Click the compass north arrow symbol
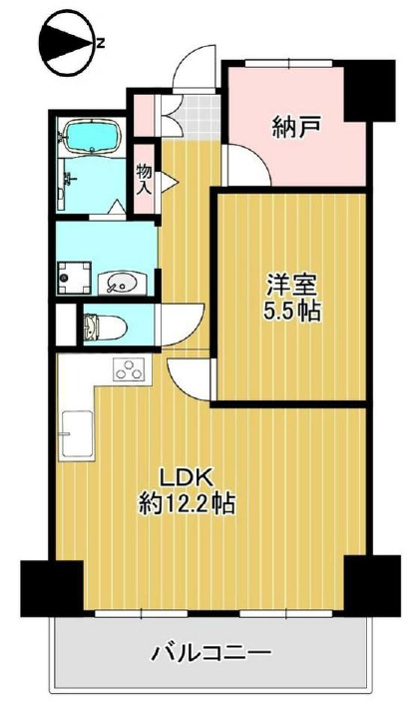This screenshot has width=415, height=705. (x=71, y=44)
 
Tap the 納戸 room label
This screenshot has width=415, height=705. (x=296, y=127)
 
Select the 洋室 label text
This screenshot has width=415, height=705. (x=291, y=286)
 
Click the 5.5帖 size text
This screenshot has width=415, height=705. (x=292, y=311)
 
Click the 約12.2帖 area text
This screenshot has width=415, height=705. (x=187, y=504)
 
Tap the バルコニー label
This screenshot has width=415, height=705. (x=210, y=652)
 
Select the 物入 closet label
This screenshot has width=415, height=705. (x=145, y=179)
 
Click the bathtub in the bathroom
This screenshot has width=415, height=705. (x=94, y=136)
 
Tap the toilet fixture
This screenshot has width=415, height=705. (x=103, y=326)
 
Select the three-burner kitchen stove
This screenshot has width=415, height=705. (x=130, y=368)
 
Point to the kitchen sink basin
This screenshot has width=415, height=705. (x=78, y=434)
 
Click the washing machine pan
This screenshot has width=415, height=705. (x=74, y=278)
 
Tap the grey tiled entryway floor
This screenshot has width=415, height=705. (x=197, y=117)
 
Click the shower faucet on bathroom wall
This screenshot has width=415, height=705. (x=68, y=179)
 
